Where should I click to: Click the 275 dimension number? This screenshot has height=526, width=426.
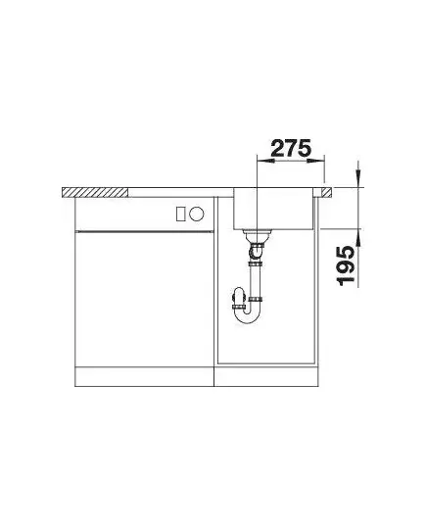(x=291, y=148)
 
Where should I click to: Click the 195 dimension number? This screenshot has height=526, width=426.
(x=347, y=265)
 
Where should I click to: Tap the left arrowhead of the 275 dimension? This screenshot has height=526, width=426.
(x=265, y=161)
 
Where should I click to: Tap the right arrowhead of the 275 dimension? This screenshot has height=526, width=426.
(x=315, y=161)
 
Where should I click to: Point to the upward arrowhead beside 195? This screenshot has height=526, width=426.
(x=358, y=237)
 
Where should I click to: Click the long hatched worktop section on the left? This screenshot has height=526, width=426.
(x=95, y=192)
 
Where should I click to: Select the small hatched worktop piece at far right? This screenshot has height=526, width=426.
(x=326, y=192)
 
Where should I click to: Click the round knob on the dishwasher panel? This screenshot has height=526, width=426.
(x=196, y=214)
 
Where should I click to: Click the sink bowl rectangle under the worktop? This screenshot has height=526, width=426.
(x=273, y=209)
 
